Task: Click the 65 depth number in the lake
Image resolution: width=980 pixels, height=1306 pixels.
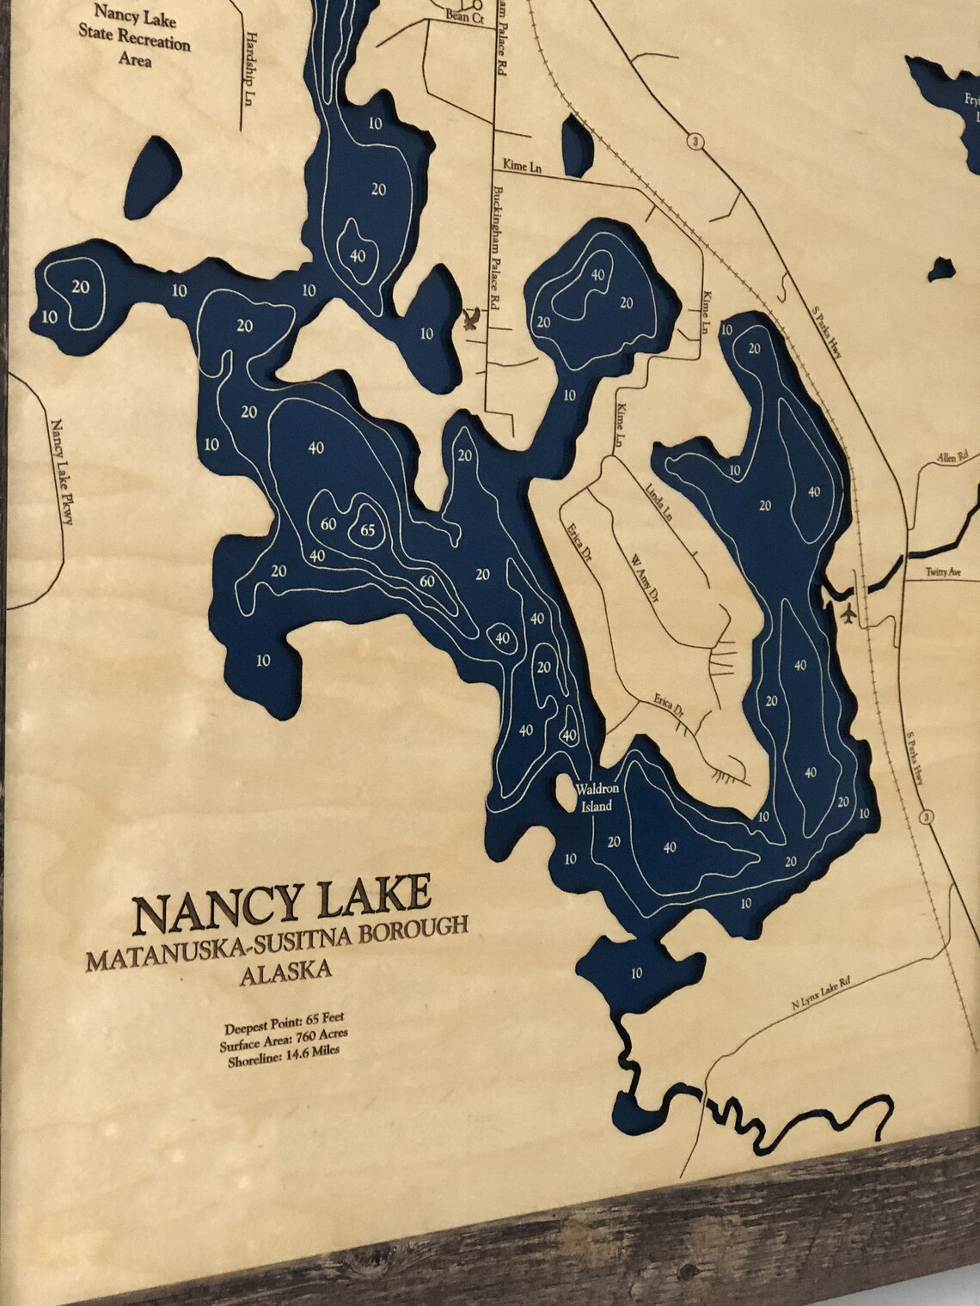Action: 368,530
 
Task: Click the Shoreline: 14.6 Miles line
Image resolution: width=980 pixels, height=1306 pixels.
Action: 284,1056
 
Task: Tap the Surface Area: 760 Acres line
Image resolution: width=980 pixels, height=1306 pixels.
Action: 284,1039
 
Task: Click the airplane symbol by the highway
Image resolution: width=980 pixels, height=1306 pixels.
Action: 849,615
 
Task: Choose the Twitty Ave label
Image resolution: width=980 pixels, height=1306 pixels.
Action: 942,571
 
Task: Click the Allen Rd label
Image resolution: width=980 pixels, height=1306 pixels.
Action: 953,453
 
